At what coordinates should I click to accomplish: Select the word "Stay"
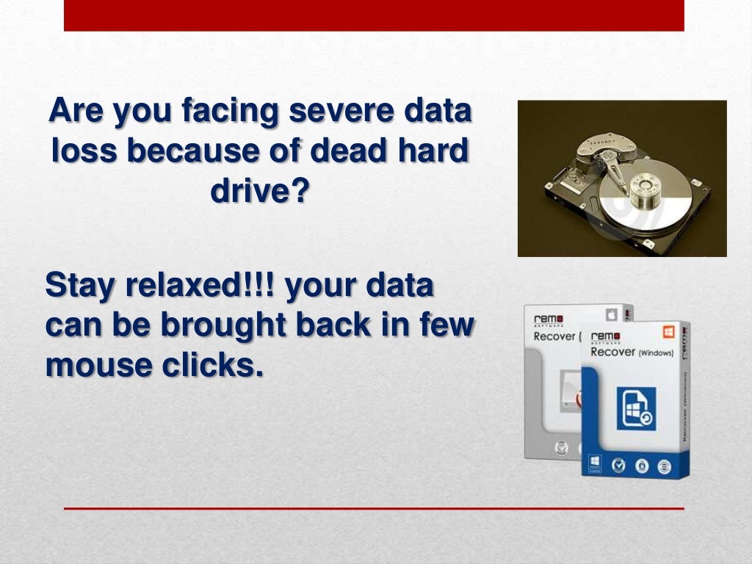[78, 286]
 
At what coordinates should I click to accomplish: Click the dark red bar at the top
[374, 15]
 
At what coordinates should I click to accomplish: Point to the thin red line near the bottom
[374, 508]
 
